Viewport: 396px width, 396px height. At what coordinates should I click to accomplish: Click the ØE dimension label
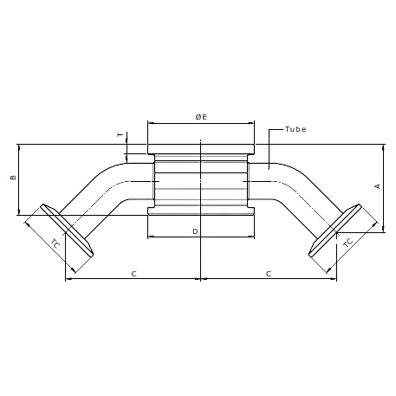[x=201, y=117]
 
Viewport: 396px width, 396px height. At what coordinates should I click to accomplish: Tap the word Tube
[x=295, y=129]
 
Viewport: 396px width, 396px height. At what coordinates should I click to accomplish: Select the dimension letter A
[x=378, y=186]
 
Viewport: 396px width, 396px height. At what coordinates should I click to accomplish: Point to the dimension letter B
[x=13, y=177]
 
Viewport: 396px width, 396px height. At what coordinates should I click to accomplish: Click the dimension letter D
[x=195, y=231]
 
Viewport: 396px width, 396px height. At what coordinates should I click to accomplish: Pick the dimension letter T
[x=120, y=134]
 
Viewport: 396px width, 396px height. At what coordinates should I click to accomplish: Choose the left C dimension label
[x=133, y=274]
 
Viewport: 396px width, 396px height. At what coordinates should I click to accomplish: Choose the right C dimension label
[x=269, y=274]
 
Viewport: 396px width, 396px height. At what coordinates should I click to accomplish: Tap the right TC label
[x=347, y=243]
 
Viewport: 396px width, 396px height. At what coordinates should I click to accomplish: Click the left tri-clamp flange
[x=68, y=230]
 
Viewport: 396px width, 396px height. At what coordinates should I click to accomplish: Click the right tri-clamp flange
[x=335, y=230]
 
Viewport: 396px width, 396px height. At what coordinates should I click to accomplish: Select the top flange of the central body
[x=201, y=149]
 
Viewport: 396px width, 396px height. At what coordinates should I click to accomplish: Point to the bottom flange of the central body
[x=201, y=211]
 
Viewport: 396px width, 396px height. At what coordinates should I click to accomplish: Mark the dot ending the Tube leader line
[x=269, y=168]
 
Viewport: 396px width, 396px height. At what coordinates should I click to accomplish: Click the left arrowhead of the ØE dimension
[x=150, y=123]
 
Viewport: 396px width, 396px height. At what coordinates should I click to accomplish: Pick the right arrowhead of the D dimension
[x=252, y=237]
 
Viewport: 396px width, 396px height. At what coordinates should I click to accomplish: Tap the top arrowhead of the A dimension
[x=383, y=146]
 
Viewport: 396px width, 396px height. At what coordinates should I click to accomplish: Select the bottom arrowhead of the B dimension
[x=19, y=212]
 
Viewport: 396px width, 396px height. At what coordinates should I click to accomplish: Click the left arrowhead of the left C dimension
[x=68, y=279]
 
